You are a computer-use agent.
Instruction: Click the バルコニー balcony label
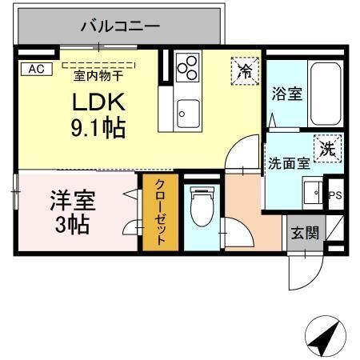pos(120,26)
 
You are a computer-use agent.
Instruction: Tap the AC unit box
pos(36,69)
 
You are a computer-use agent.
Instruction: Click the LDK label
pos(98,104)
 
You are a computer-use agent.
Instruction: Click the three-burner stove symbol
pos(187,67)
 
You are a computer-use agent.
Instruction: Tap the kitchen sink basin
pos(186,113)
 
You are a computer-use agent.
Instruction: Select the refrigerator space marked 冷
pos(246,70)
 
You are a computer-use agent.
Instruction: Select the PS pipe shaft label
pos(336,194)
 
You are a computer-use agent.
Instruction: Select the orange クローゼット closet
pos(160,213)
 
